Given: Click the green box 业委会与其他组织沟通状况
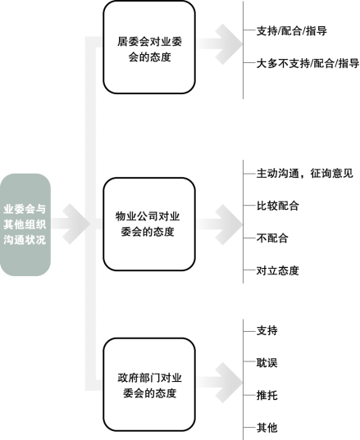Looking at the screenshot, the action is pyautogui.click(x=25, y=225).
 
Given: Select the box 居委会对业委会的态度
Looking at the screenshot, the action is pyautogui.click(x=149, y=48).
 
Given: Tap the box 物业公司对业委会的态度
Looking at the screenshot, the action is pyautogui.click(x=149, y=224).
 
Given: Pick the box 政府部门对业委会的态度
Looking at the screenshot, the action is pyautogui.click(x=149, y=384).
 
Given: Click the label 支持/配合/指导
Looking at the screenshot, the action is pyautogui.click(x=291, y=30).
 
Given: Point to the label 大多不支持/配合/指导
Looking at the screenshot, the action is pyautogui.click(x=308, y=63).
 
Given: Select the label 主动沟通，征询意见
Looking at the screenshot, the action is pyautogui.click(x=305, y=174).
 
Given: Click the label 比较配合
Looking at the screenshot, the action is pyautogui.click(x=277, y=206).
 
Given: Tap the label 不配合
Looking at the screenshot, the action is pyautogui.click(x=272, y=238).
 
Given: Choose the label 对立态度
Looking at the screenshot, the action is pyautogui.click(x=277, y=270).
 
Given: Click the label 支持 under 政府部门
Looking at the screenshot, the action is pyautogui.click(x=267, y=330).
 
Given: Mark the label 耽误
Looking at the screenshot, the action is pyautogui.click(x=267, y=363).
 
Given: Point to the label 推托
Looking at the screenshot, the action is pyautogui.click(x=267, y=396).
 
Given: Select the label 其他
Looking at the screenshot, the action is pyautogui.click(x=267, y=428).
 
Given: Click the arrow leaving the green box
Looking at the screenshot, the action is pyautogui.click(x=71, y=224).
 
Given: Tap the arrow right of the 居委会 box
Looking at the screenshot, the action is pyautogui.click(x=219, y=44).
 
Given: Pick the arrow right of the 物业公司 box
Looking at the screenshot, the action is pyautogui.click(x=219, y=225).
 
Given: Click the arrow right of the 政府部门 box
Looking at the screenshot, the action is pyautogui.click(x=219, y=383).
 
